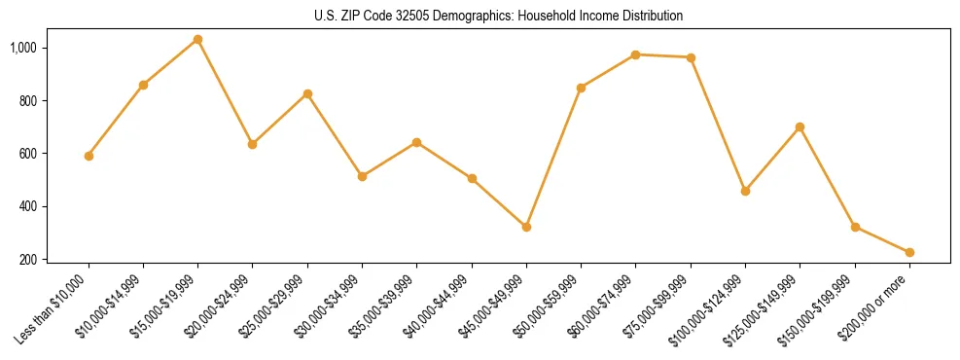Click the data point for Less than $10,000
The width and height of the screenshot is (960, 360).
(x=89, y=156)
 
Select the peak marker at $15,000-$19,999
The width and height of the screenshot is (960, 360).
(x=197, y=39)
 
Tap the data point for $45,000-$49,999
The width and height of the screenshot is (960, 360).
(x=526, y=227)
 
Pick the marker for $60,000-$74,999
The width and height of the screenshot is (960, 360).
(x=636, y=54)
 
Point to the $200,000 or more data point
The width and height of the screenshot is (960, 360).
(x=909, y=252)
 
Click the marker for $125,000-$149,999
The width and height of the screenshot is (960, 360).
(x=800, y=126)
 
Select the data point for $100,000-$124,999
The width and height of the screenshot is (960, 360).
(x=745, y=191)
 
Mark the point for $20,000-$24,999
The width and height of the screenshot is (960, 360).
(x=253, y=144)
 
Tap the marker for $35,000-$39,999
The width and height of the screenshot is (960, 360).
(x=416, y=142)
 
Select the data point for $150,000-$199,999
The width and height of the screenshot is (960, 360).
(x=855, y=227)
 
